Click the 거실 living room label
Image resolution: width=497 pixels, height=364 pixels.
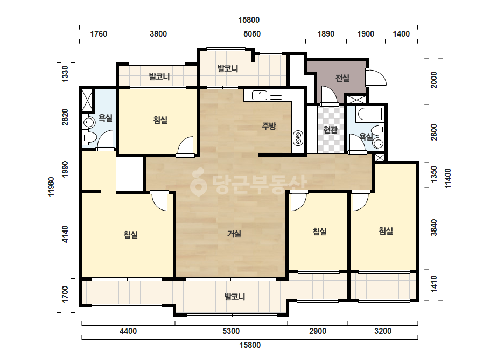point(234,234)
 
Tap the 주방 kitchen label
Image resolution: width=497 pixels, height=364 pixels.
point(269,126)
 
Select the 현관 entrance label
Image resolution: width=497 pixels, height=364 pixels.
point(330,129)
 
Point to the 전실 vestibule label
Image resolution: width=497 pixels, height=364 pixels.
point(342,78)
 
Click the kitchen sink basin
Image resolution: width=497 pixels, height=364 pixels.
point(260,95)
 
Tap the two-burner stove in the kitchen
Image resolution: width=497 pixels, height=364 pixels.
point(298,138)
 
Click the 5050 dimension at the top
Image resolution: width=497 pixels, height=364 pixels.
point(252,33)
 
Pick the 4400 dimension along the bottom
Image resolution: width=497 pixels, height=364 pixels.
point(128,331)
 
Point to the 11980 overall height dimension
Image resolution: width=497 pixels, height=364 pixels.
point(51,187)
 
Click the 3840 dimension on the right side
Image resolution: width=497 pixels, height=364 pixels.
point(434,228)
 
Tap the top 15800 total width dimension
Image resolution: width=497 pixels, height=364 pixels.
point(249,20)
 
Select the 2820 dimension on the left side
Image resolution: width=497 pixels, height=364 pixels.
point(65,117)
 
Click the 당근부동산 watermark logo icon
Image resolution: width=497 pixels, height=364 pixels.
point(198,183)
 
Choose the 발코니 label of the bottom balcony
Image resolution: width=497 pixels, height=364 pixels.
point(235,297)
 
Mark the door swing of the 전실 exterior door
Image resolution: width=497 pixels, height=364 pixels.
point(377,78)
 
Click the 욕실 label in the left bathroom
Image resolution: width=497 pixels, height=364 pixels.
point(105,118)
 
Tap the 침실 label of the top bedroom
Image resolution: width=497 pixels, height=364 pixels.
point(160,120)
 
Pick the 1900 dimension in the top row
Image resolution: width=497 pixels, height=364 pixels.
point(366,33)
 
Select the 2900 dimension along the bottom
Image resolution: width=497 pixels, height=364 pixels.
point(318,331)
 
